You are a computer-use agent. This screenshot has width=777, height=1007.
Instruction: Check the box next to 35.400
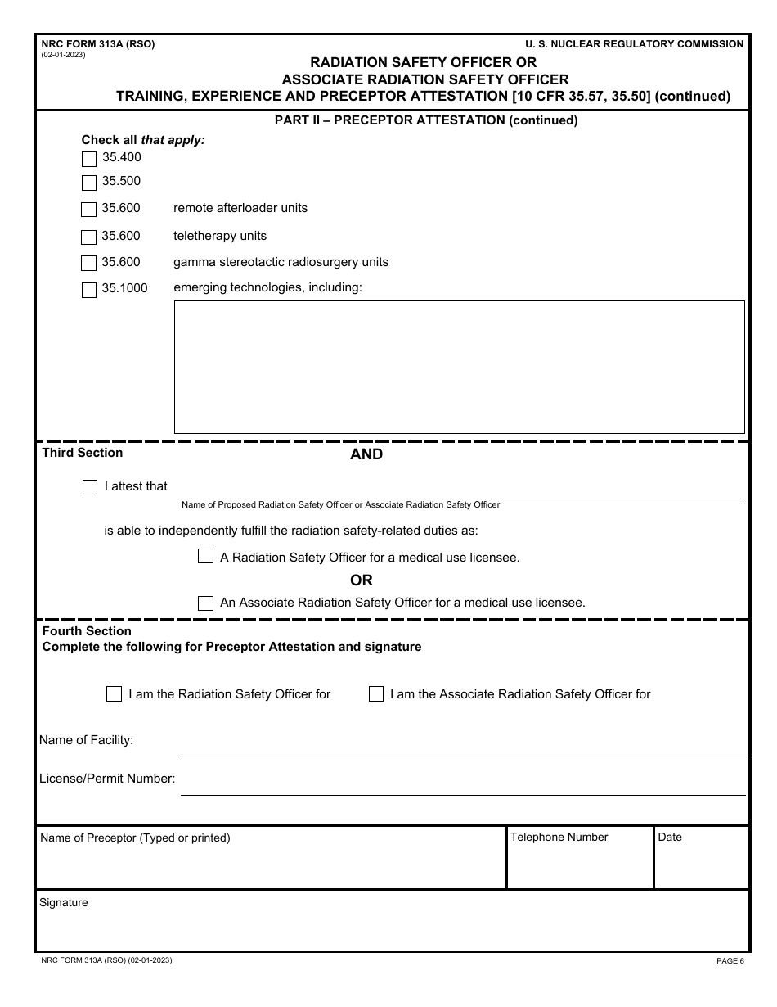pyautogui.click(x=89, y=159)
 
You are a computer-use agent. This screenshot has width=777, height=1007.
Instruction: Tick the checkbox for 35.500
pyautogui.click(x=89, y=183)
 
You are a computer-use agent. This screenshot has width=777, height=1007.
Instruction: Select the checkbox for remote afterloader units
pyautogui.click(x=89, y=210)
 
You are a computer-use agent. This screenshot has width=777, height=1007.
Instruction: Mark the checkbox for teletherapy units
pyautogui.click(x=89, y=237)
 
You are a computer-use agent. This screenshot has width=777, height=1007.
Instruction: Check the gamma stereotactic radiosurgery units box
pyautogui.click(x=89, y=264)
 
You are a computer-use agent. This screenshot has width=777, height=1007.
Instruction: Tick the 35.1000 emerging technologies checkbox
pyautogui.click(x=89, y=290)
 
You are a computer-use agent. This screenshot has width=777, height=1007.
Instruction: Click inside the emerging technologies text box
pyautogui.click(x=459, y=367)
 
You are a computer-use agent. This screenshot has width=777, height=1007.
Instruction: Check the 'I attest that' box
pyautogui.click(x=90, y=487)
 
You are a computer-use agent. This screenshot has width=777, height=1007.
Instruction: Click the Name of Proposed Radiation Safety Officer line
pyautogui.click(x=462, y=489)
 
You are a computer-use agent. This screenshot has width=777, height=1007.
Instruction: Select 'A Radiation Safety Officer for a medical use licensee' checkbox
pyautogui.click(x=205, y=557)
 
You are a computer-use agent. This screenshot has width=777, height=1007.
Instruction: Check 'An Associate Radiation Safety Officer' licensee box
pyautogui.click(x=205, y=603)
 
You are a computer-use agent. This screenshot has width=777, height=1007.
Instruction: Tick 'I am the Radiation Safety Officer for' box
pyautogui.click(x=114, y=694)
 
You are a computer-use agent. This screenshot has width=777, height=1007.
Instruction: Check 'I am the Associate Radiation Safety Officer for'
pyautogui.click(x=375, y=694)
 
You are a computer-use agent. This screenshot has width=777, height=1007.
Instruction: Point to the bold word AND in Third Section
pyautogui.click(x=366, y=454)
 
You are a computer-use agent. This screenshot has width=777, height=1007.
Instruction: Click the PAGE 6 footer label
pyautogui.click(x=730, y=961)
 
